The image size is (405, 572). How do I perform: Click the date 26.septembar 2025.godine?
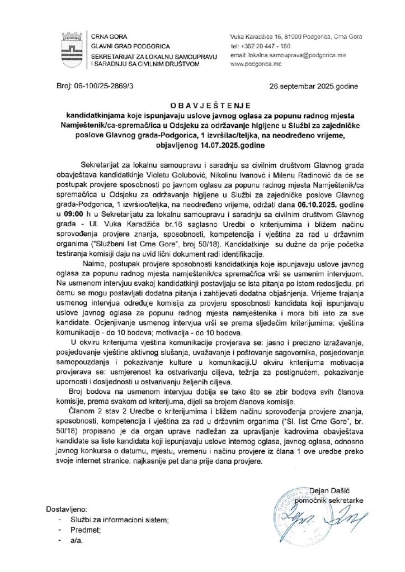click(x=307, y=88)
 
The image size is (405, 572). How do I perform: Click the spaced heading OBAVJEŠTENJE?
click(x=202, y=104)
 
